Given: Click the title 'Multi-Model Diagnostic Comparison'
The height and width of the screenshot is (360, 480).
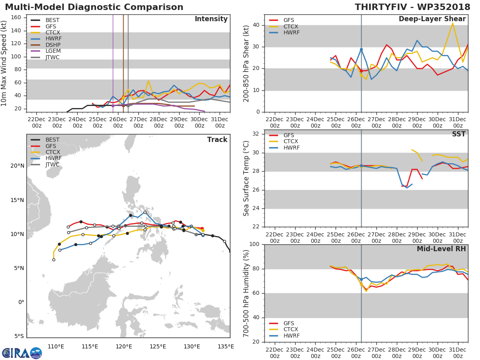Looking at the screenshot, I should pos(94,7).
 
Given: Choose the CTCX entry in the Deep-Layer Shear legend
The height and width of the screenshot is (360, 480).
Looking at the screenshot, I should pos(290,26).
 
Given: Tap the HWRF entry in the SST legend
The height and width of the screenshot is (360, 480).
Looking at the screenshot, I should pos(291,148).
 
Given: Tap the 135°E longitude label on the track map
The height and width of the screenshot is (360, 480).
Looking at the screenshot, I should pos(226,346).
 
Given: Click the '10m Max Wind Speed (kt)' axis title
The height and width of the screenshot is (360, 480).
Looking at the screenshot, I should pos(4,63).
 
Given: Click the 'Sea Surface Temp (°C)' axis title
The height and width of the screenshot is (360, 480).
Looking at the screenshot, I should pos(246,178).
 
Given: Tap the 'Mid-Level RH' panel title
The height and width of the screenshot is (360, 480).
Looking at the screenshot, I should pos(441,249).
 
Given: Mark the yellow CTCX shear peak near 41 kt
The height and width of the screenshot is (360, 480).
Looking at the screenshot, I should pos(452,23).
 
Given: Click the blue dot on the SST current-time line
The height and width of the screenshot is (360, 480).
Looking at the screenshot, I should pos(361,166).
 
